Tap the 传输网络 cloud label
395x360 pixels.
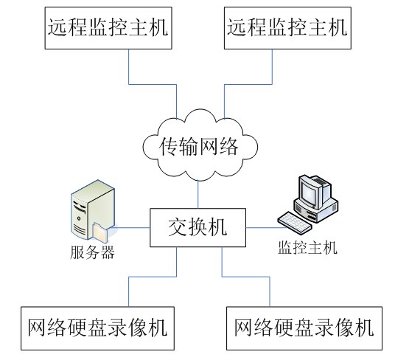tap(199, 146)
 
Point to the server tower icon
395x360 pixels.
tap(93, 210)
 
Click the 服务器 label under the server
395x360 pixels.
tap(92, 252)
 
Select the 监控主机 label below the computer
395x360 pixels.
tap(307, 248)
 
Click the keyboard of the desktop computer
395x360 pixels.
tap(295, 224)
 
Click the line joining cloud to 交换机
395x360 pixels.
tap(198, 194)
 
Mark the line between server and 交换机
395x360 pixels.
tap(131, 228)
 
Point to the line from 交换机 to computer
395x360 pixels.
tap(266, 228)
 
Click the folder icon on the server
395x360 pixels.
tap(100, 231)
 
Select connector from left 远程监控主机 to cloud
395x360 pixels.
tap(153, 84)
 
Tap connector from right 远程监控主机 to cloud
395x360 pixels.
tap(248, 84)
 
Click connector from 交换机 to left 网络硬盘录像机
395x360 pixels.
tap(153, 277)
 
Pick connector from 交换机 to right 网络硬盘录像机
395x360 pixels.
tap(245, 277)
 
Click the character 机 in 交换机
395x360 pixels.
tap(217, 227)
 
